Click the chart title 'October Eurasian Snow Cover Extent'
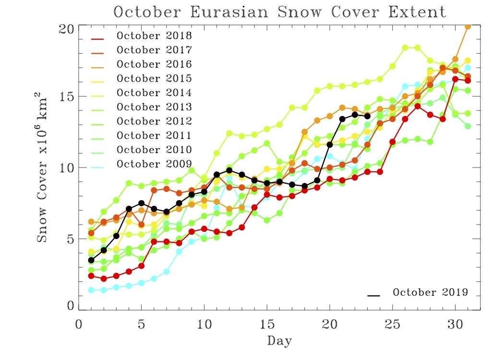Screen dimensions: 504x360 tap(280, 12)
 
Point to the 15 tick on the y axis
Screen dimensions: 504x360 tap(67, 96)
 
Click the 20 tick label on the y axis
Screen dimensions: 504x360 tap(67, 29)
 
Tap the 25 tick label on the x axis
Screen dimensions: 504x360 tap(393, 324)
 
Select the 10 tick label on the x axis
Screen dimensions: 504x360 tap(204, 324)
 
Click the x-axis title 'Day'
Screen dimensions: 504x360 tap(279, 341)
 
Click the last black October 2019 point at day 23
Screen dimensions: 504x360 tap(367, 116)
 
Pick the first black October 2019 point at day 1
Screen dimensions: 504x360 tap(91, 260)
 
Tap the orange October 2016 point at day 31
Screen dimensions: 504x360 tap(468, 27)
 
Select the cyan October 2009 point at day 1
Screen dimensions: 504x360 tap(91, 290)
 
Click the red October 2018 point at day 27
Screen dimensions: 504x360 tap(418, 106)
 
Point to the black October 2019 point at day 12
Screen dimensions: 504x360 tap(229, 170)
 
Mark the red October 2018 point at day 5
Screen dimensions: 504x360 tap(141, 266)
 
